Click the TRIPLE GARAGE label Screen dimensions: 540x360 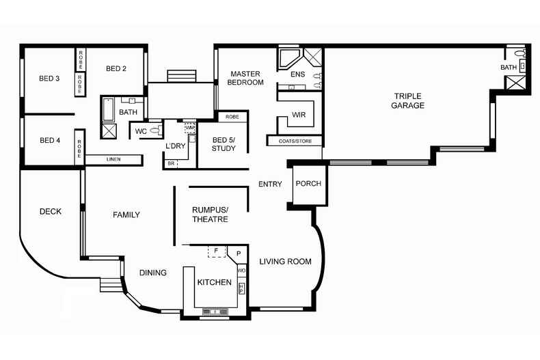click(x=408, y=101)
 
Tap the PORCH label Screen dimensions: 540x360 click(x=308, y=184)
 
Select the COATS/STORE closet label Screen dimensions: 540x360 click(x=295, y=141)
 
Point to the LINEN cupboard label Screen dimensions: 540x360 click(x=113, y=159)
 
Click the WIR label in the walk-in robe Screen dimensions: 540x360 click(x=299, y=115)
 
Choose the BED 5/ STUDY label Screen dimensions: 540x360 click(x=224, y=144)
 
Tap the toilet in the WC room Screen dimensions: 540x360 click(x=157, y=130)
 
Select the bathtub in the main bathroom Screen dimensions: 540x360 click(x=108, y=109)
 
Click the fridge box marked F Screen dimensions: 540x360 click(x=217, y=251)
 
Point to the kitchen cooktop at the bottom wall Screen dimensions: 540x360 click(x=215, y=311)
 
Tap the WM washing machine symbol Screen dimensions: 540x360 click(x=190, y=128)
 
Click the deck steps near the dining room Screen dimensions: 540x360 click(x=111, y=285)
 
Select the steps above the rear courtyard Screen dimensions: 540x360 click(x=182, y=76)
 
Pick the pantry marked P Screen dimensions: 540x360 click(x=239, y=254)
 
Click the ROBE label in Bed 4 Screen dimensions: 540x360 click(x=79, y=149)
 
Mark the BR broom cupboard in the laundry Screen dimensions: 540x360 click(x=171, y=164)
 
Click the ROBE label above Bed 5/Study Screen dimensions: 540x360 click(x=232, y=117)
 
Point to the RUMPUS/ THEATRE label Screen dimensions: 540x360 click(x=210, y=214)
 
